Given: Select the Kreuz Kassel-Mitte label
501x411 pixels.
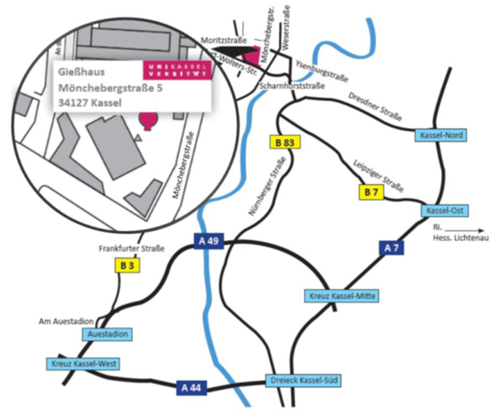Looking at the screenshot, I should pyautogui.click(x=340, y=295).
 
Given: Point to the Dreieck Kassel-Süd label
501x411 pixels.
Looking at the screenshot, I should pyautogui.click(x=302, y=381).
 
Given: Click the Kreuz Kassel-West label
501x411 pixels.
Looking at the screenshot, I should pyautogui.click(x=85, y=363).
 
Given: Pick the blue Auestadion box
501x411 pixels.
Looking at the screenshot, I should pyautogui.click(x=108, y=334).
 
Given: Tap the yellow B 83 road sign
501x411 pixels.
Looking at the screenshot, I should pyautogui.click(x=284, y=143).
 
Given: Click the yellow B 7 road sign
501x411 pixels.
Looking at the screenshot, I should pyautogui.click(x=371, y=192).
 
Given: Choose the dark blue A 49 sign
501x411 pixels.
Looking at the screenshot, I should pyautogui.click(x=207, y=240).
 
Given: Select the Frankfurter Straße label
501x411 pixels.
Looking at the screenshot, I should pyautogui.click(x=131, y=249).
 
